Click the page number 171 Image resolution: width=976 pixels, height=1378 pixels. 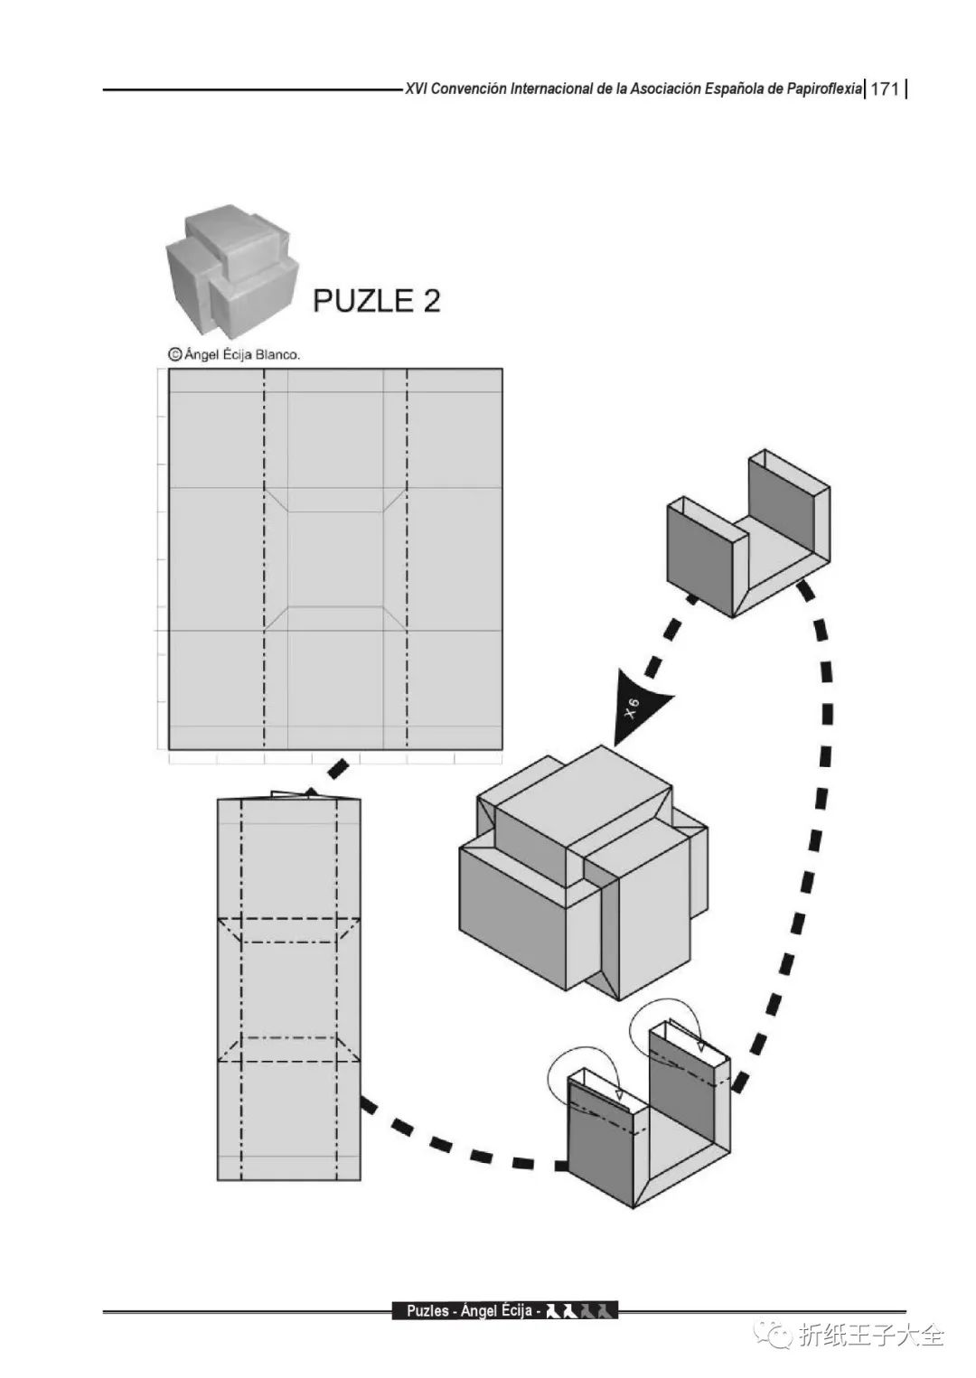coord(885,89)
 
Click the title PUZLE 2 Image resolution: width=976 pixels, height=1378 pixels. coord(376,300)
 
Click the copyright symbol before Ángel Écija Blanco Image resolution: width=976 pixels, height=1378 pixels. coord(174,354)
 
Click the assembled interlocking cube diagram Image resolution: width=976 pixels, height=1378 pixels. coord(583,873)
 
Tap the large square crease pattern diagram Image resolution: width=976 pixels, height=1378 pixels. coord(335,558)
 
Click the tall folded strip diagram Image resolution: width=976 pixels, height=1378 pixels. coord(289,989)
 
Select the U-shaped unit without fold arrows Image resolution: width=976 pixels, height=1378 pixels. coord(748,534)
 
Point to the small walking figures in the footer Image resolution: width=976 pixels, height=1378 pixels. coord(581,1310)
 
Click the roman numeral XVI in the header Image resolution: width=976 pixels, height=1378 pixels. coord(416,89)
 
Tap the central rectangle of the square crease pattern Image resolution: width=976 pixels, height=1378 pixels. coord(335,558)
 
